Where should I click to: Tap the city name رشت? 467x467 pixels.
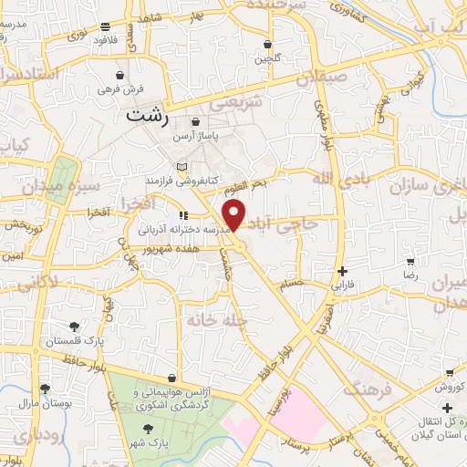(149, 117)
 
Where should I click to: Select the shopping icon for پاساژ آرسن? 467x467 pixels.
(196, 122)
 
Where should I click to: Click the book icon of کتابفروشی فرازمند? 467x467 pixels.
(183, 167)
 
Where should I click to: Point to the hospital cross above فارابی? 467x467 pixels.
(342, 271)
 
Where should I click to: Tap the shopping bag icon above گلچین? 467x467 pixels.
(266, 44)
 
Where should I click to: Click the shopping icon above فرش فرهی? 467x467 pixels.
(120, 75)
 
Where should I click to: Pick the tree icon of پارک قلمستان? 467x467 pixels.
(74, 326)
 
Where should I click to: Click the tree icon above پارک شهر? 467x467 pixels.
(148, 427)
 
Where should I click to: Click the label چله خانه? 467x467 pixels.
(211, 320)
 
